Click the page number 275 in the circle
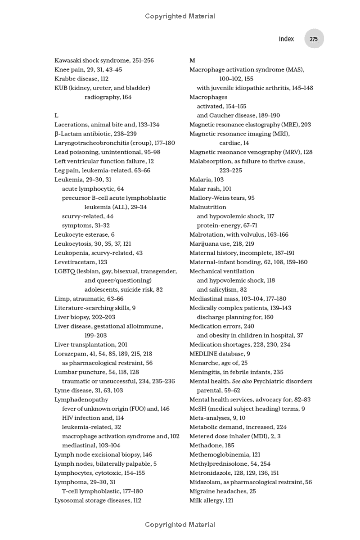click(314, 39)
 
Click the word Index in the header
click(286, 39)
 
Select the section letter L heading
click(56, 116)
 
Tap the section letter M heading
click(192, 60)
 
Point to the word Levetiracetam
click(75, 262)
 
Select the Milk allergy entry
click(211, 500)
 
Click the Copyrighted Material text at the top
click(180, 16)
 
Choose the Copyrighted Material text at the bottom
click(180, 525)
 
